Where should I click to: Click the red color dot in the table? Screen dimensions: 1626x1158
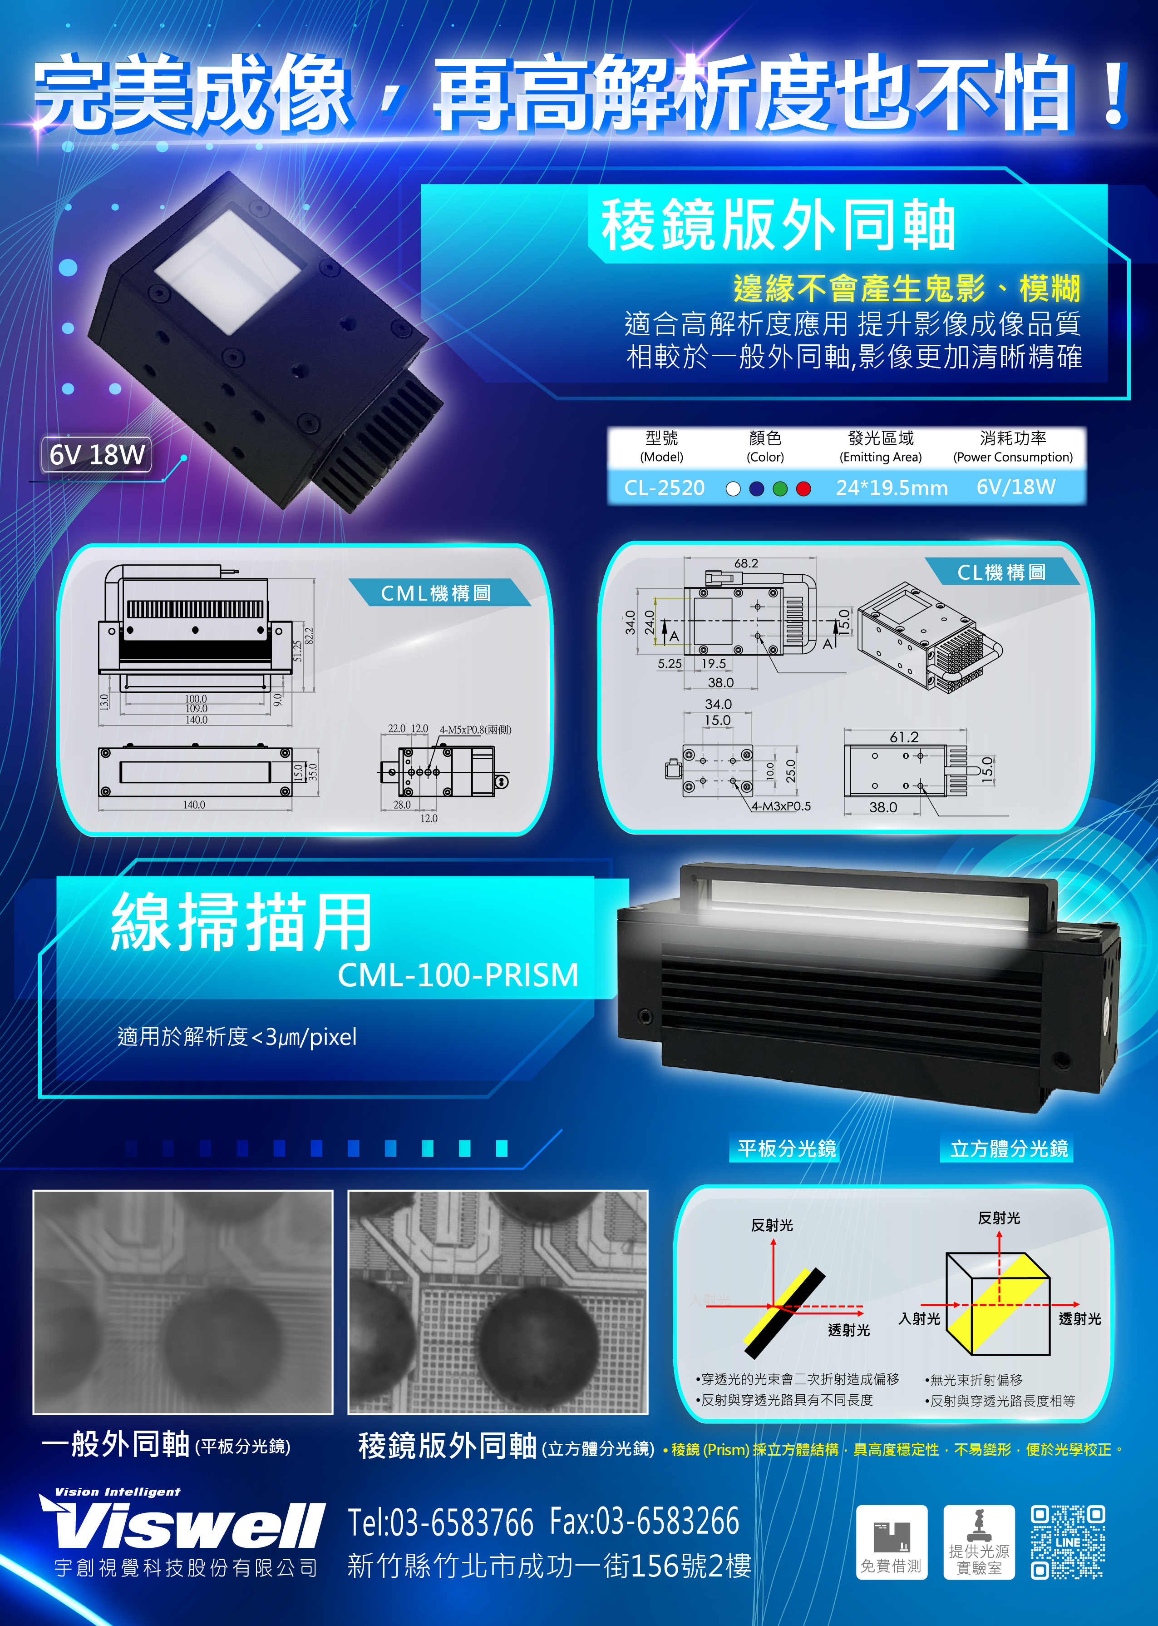(x=803, y=489)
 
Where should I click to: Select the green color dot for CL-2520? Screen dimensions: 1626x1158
(x=780, y=489)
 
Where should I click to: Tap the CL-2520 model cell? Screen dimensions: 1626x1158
(x=664, y=488)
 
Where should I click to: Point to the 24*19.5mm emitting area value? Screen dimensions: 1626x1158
(x=892, y=488)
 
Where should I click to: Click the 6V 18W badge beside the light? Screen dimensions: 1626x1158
(x=97, y=454)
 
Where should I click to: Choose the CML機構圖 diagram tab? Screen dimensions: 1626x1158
(x=436, y=593)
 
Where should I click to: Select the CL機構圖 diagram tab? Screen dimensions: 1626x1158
(x=1001, y=572)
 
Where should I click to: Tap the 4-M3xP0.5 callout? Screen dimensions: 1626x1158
(x=781, y=806)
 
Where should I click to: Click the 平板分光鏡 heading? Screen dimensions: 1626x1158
(x=787, y=1149)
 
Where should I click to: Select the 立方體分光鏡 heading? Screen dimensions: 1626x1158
(x=1008, y=1149)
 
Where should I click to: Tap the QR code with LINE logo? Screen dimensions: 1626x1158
(x=1068, y=1542)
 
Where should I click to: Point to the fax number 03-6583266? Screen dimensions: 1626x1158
(x=645, y=1522)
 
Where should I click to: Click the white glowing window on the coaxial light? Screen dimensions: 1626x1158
(x=228, y=271)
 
